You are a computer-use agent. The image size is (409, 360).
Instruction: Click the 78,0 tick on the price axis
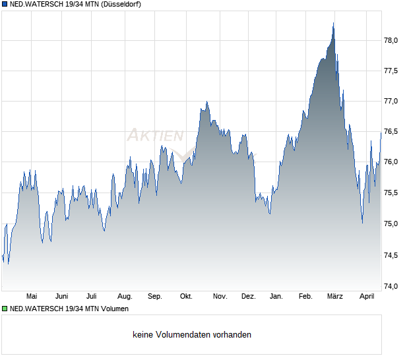point(391,40)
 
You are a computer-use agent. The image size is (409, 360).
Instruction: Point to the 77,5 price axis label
point(391,71)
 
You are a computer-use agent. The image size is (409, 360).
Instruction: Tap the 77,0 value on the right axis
point(391,102)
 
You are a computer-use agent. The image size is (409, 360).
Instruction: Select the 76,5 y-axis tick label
point(391,132)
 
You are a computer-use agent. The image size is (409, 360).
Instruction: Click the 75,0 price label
point(391,224)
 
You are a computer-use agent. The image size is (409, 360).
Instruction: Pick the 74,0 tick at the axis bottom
point(391,286)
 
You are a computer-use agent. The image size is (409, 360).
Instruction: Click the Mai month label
point(32,297)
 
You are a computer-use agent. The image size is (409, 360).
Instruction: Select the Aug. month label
point(125,297)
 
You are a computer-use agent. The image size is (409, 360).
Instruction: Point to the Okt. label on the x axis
point(186,297)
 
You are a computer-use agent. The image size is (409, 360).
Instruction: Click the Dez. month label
point(248,297)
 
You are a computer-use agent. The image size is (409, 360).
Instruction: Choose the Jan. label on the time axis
point(276,297)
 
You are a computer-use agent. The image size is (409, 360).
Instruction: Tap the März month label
point(334,297)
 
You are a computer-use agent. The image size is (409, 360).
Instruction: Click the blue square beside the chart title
point(4,4)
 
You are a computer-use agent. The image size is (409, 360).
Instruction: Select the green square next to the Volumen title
point(4,309)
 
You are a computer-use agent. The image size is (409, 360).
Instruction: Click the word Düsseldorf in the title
point(121,4)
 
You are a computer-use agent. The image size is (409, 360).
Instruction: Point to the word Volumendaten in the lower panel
point(184,335)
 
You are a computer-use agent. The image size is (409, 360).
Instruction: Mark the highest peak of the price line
point(333,24)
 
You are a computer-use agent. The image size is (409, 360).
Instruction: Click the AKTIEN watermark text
point(155,136)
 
